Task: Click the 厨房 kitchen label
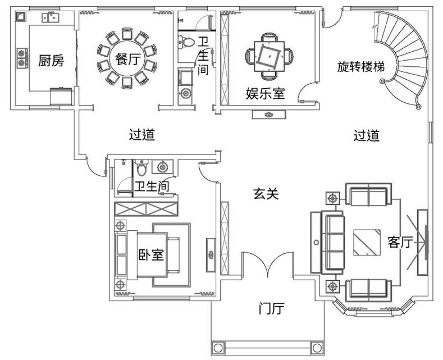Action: pos(51,61)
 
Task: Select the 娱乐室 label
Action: pos(265,93)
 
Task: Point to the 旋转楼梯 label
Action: pos(360,66)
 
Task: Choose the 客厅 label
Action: pos(400,242)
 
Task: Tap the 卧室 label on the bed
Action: pos(151,254)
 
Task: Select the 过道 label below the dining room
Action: pos(141,135)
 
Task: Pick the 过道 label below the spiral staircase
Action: pos(366,135)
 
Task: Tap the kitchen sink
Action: pos(50,18)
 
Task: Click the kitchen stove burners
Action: pos(23,58)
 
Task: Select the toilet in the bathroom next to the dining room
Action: pos(184,42)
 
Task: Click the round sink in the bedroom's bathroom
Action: pos(163,167)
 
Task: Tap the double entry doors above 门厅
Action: pos(269,264)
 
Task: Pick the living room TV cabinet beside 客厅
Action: pos(423,242)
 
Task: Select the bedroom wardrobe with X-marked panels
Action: pos(146,209)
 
